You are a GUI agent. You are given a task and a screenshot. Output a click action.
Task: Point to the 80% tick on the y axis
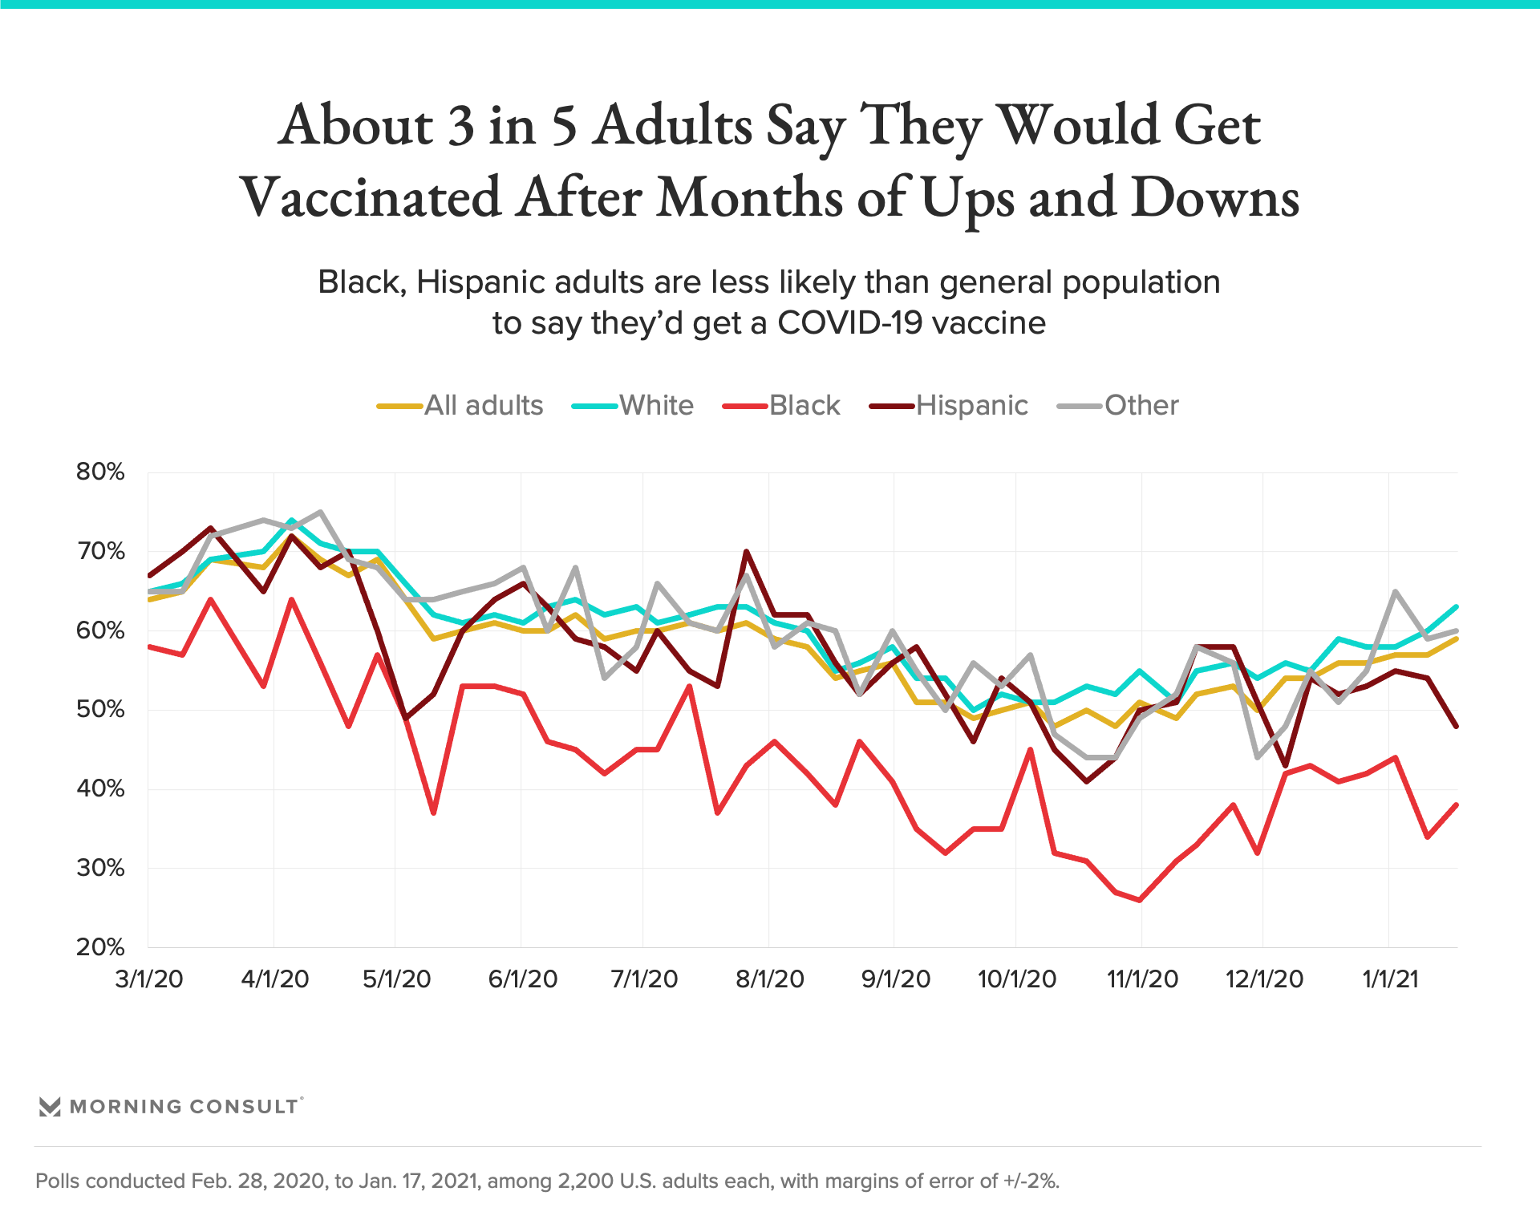[x=100, y=472]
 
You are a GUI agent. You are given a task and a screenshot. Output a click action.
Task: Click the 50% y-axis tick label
[x=100, y=710]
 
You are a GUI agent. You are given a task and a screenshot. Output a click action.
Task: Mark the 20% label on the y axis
[x=100, y=947]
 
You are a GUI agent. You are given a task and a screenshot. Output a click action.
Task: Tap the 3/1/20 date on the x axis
[x=149, y=979]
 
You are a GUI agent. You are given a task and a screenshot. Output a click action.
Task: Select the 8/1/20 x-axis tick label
[x=770, y=979]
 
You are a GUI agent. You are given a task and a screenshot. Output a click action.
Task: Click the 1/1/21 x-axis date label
[x=1390, y=979]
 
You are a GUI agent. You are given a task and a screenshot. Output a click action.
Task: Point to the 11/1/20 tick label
[x=1142, y=979]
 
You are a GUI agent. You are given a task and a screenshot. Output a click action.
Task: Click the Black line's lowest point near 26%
[x=1140, y=900]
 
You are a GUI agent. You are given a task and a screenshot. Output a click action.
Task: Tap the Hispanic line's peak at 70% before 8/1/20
[x=746, y=552]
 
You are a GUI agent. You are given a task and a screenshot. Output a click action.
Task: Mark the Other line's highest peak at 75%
[x=320, y=512]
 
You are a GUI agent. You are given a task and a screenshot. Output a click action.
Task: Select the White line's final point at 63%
[x=1456, y=606]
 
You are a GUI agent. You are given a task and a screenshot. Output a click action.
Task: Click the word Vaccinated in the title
[x=371, y=197]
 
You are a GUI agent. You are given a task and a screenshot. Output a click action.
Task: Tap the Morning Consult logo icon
[x=50, y=1107]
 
